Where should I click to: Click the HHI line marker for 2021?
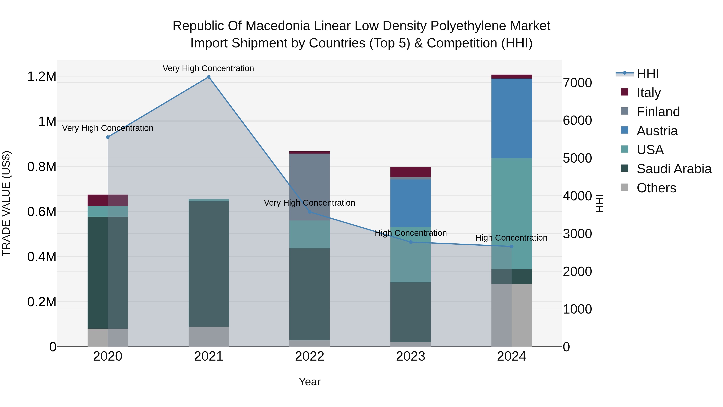[208, 77]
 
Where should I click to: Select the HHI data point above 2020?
[108, 137]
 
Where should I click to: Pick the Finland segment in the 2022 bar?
[309, 187]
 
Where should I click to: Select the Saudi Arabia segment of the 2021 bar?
[208, 264]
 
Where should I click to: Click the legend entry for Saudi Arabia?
[674, 169]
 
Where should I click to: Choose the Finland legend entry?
[658, 112]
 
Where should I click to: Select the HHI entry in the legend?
[647, 74]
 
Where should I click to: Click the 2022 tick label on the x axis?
[309, 356]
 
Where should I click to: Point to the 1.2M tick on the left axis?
[42, 76]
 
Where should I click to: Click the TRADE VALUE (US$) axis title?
[6, 203]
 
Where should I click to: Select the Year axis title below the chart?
[309, 382]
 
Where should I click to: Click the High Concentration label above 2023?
[411, 233]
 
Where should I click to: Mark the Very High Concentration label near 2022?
[309, 203]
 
